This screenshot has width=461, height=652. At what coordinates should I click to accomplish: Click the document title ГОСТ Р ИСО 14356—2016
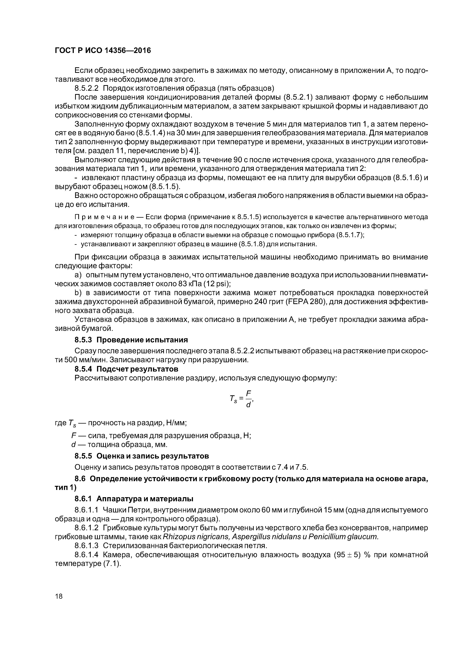click(103, 51)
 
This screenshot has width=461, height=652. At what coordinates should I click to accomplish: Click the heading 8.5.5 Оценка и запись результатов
click(141, 456)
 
